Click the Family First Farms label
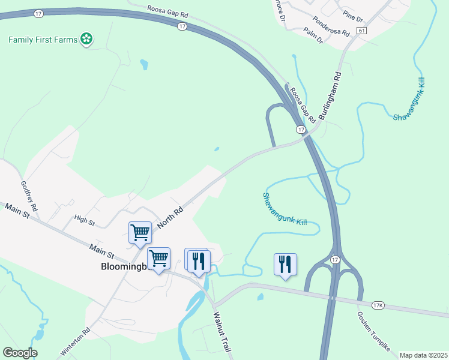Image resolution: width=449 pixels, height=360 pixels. (43, 40)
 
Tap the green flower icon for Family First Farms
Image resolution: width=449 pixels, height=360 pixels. (87, 40)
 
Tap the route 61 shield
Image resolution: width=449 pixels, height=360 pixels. (361, 30)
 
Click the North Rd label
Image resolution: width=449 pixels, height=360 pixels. (169, 218)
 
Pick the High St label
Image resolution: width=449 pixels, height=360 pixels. (84, 221)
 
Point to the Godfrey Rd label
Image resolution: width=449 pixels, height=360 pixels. (29, 196)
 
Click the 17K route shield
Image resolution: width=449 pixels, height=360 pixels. (378, 305)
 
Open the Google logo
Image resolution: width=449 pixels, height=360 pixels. (20, 353)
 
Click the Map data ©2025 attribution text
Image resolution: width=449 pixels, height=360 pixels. (423, 355)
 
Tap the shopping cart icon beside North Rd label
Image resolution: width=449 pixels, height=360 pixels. (140, 232)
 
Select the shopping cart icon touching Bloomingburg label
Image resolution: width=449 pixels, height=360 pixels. (158, 259)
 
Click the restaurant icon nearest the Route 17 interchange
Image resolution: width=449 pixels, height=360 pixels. (285, 264)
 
